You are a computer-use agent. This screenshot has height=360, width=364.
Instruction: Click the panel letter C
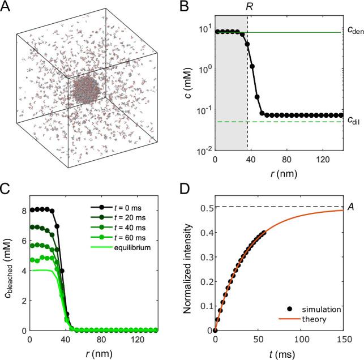point(7,189)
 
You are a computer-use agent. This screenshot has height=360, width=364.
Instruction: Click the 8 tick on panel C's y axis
point(22,210)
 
